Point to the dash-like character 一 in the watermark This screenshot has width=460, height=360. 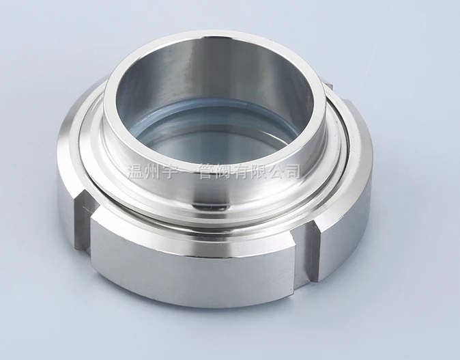click(x=195, y=170)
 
